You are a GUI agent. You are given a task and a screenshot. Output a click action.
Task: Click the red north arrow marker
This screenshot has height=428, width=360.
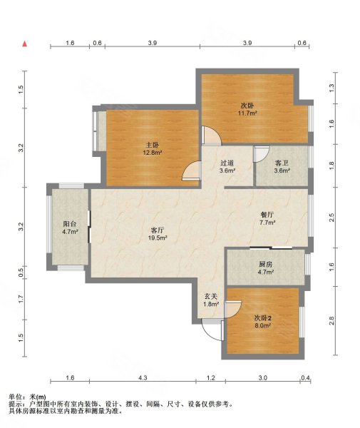point(25,44)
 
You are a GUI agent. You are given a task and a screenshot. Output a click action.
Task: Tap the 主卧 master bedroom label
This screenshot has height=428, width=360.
point(153,145)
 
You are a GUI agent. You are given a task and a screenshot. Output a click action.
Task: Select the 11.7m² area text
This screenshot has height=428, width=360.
point(247,113)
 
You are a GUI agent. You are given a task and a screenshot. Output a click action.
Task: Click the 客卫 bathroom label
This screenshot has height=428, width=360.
point(282,163)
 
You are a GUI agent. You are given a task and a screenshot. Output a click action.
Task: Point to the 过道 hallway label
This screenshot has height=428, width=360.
point(227,163)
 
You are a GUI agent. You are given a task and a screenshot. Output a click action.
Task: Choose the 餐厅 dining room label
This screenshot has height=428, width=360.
point(267,215)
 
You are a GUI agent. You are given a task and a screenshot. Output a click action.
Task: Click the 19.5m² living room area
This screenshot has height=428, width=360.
point(158,238)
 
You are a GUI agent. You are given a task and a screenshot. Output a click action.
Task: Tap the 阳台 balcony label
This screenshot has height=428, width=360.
point(70,224)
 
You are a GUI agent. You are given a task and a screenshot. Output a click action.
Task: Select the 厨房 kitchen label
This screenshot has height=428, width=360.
point(266,264)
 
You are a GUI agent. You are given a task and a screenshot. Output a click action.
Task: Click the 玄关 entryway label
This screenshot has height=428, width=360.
point(211,296)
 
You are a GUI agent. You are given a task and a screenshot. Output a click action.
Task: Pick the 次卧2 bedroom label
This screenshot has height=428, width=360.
point(262,317)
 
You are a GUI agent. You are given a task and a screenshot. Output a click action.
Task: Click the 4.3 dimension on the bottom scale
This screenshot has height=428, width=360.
point(143,378)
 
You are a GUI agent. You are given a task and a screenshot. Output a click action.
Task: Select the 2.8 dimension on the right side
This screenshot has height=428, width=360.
point(331,321)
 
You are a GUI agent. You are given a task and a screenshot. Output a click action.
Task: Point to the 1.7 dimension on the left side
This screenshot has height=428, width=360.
point(21,299)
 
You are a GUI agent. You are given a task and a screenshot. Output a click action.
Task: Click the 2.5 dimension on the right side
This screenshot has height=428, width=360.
point(331,218)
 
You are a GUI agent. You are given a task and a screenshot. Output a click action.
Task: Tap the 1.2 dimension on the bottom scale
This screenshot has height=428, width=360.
point(211,378)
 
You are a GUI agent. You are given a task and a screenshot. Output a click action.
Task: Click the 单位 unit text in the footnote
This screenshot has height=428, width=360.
point(16,397)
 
